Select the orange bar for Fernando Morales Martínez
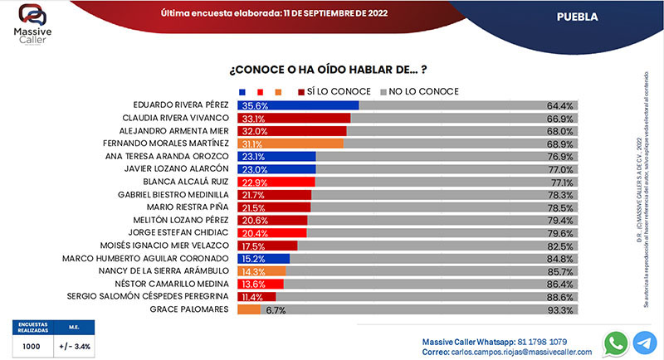click(x=290, y=144)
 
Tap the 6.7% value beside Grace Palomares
click(x=276, y=310)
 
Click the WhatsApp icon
click(x=616, y=343)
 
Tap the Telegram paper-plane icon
click(x=645, y=343)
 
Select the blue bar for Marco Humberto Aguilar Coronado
click(x=263, y=259)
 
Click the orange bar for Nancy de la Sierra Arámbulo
click(x=261, y=271)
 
